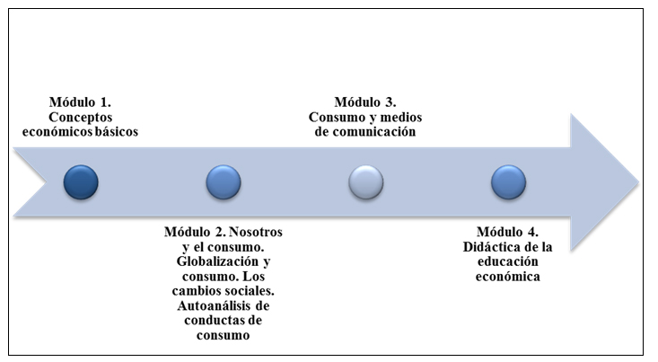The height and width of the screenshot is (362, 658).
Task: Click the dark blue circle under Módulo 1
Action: click(81, 181)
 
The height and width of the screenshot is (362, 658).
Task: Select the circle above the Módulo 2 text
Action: click(224, 181)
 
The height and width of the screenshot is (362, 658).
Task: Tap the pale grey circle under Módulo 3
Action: click(365, 181)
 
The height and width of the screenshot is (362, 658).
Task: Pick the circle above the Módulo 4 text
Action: click(508, 181)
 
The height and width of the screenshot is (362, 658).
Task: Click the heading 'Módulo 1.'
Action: click(82, 102)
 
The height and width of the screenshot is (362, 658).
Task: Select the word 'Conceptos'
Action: click(82, 117)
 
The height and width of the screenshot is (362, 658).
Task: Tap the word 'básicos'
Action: click(114, 132)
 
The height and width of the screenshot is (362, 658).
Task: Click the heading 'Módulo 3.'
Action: click(365, 102)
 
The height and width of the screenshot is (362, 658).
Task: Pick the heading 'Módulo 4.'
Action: click(508, 232)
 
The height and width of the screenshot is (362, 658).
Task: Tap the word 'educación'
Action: click(508, 261)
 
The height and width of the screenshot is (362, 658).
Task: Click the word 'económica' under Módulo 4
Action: click(508, 277)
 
